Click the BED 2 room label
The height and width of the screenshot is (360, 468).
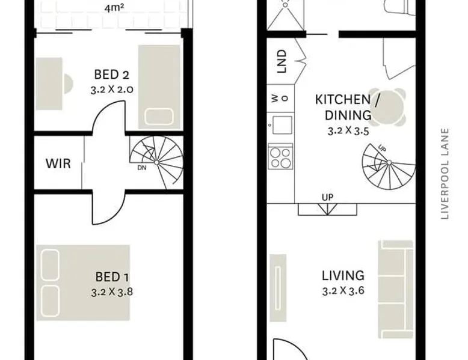point(112,75)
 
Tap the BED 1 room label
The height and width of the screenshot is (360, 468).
point(112,277)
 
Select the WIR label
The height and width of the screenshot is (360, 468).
point(58,163)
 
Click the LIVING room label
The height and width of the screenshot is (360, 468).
point(343,276)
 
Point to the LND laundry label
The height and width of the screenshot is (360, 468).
point(282,61)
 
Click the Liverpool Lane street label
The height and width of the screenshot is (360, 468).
point(445,174)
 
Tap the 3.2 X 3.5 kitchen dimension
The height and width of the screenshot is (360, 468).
point(348,131)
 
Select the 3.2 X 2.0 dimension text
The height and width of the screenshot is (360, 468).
point(112,90)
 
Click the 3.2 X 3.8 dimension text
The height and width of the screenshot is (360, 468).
point(112,292)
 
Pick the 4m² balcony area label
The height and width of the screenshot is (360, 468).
point(114,8)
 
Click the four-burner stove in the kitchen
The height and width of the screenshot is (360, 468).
point(280,157)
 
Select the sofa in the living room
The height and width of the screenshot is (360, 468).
point(395,289)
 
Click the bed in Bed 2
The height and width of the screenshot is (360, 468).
point(159,87)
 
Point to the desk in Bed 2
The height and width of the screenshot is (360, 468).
point(49,84)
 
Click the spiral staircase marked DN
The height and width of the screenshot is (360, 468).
point(156,162)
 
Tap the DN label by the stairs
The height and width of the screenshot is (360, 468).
point(142,168)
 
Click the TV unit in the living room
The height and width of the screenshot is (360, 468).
point(278,288)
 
